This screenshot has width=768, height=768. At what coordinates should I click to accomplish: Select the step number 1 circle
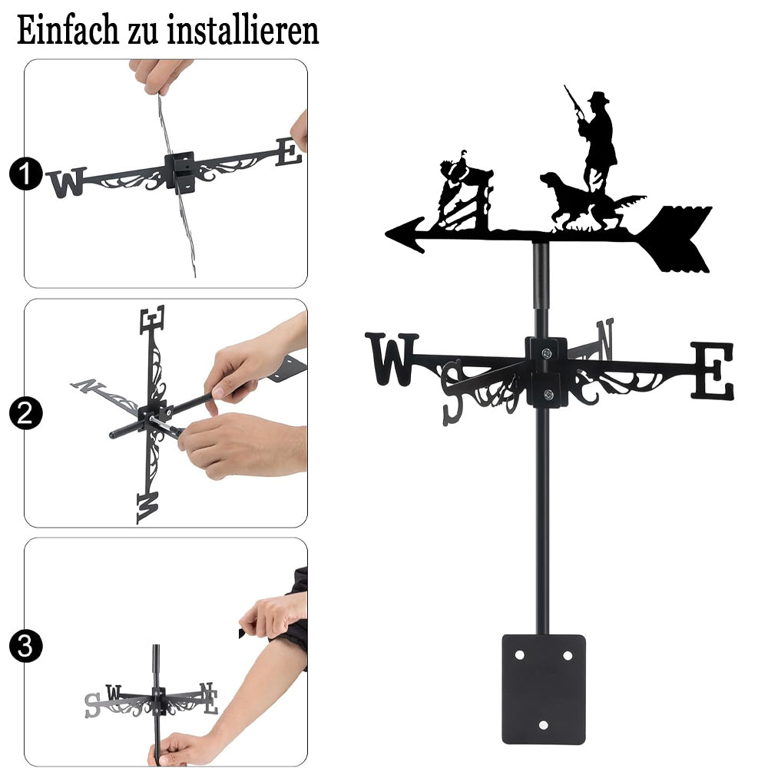tap(26, 174)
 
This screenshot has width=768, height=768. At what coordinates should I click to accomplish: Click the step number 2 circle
tap(26, 413)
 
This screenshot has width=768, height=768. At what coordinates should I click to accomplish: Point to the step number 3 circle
tap(26, 646)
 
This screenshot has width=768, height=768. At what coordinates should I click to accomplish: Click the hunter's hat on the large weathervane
tap(598, 98)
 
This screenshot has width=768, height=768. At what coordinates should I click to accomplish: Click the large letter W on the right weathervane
tap(391, 359)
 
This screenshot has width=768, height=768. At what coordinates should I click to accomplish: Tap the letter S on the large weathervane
tap(452, 392)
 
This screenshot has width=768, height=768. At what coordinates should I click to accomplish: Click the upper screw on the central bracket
tap(546, 353)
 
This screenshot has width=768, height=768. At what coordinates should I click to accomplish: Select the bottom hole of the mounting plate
tap(543, 725)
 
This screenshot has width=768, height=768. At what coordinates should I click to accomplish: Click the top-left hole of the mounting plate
tap(519, 655)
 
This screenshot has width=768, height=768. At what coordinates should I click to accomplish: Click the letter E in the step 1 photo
tap(289, 152)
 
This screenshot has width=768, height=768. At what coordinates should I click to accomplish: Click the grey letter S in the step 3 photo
tap(93, 705)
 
